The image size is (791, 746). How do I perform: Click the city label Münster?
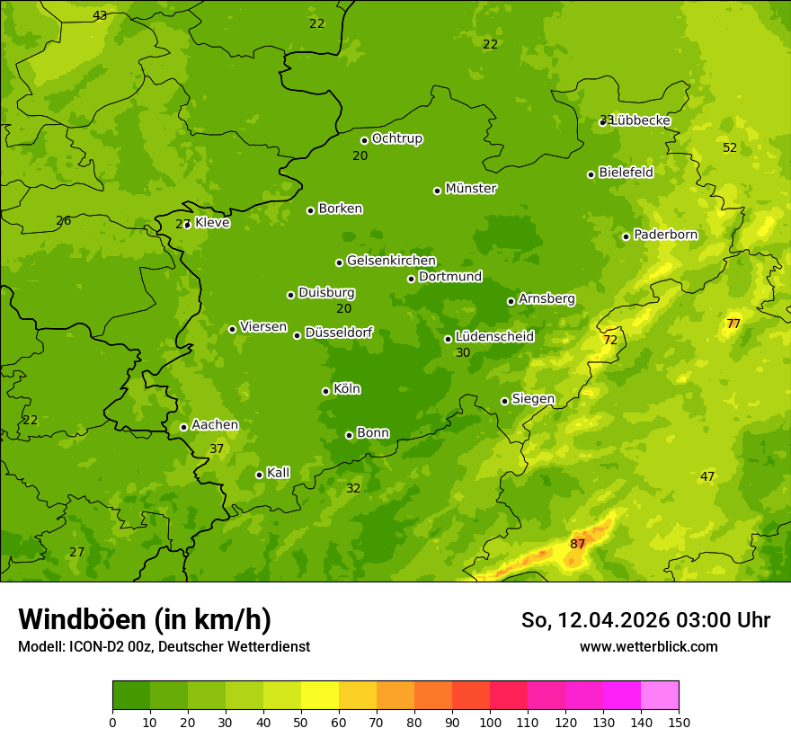coord(471,189)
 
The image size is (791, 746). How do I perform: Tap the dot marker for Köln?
coord(325,391)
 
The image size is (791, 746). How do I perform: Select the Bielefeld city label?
coord(626,173)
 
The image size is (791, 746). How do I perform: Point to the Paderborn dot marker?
coord(627,236)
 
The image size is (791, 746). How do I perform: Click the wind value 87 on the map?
coord(577,544)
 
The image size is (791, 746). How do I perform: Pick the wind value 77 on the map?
coord(733,324)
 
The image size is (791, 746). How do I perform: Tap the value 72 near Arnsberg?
coord(610,340)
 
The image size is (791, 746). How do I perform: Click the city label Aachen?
coord(215,425)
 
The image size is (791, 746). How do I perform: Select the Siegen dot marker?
coord(504,401)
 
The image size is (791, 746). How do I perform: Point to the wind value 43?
coord(100,15)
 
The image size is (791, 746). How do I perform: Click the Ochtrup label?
coord(397,138)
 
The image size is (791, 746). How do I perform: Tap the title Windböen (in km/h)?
coord(145,619)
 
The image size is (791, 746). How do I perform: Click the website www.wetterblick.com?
coord(648,646)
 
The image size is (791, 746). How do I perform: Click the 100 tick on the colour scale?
coord(490,722)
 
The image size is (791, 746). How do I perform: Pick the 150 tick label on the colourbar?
coord(679,722)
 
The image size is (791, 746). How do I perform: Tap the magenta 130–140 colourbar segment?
coord(622,696)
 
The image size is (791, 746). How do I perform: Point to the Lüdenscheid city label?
coord(494,337)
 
